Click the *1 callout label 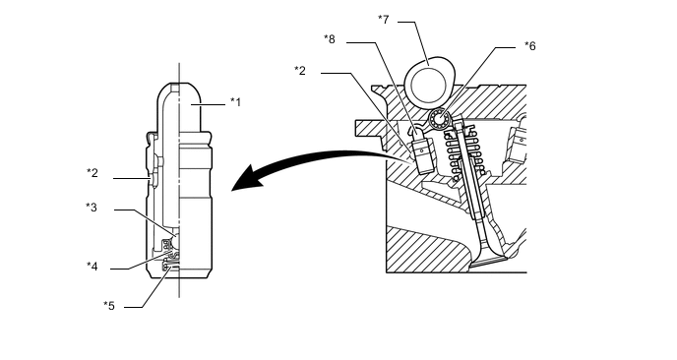(x=235, y=102)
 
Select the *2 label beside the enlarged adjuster (x=92, y=173)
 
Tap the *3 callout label (x=92, y=208)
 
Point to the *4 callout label (x=92, y=267)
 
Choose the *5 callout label (x=109, y=306)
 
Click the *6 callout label (x=530, y=46)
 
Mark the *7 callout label (x=384, y=20)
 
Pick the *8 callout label (x=330, y=39)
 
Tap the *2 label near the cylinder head (x=300, y=71)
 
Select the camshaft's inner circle (x=428, y=85)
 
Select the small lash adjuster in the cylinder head (x=423, y=153)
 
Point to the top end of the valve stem (x=458, y=125)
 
